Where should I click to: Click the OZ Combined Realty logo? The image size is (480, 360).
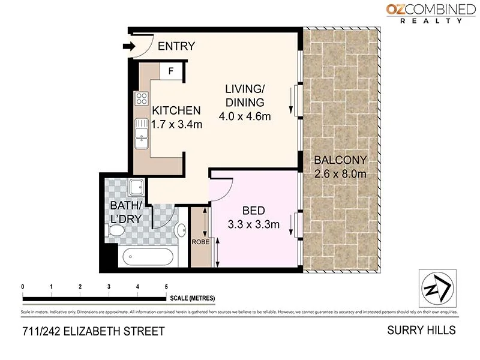click(431, 13)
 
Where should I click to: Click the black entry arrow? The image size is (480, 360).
click(128, 46)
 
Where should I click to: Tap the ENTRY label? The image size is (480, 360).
click(176, 46)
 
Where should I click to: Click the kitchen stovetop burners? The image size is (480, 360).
click(142, 98)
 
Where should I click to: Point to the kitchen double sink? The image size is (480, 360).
click(141, 133)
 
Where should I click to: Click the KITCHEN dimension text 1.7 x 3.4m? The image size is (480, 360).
click(176, 125)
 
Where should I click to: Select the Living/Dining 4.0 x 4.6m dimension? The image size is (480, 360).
click(244, 116)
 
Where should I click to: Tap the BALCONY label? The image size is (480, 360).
click(340, 160)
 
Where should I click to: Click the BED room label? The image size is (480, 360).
click(253, 211)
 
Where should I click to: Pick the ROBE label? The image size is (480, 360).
click(200, 242)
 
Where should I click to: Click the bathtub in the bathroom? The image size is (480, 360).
click(148, 257)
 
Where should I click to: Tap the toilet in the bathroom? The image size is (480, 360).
click(115, 231)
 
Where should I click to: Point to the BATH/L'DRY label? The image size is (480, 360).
click(126, 213)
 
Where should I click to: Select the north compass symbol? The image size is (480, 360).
click(437, 289)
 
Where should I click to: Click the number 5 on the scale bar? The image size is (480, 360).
click(166, 287)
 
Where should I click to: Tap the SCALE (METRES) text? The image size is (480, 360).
click(192, 298)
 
